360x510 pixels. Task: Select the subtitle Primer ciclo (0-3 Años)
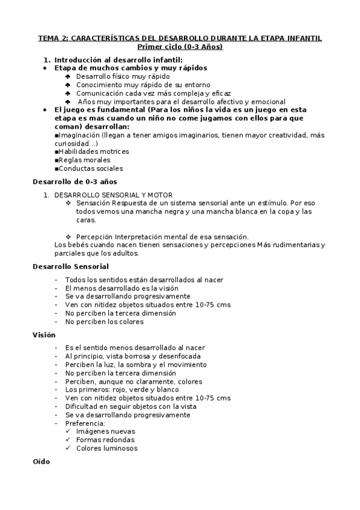click(x=180, y=46)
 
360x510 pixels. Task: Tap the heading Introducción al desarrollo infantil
click(x=118, y=60)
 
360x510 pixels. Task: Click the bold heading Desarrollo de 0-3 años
click(x=75, y=181)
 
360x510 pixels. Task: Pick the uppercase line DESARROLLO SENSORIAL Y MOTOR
click(x=113, y=195)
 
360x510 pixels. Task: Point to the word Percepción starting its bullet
click(x=96, y=236)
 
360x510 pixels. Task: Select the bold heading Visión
click(x=44, y=335)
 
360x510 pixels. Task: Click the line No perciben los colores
click(x=105, y=322)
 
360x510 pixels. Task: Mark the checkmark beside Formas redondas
click(x=69, y=440)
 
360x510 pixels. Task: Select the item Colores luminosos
click(x=106, y=448)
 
